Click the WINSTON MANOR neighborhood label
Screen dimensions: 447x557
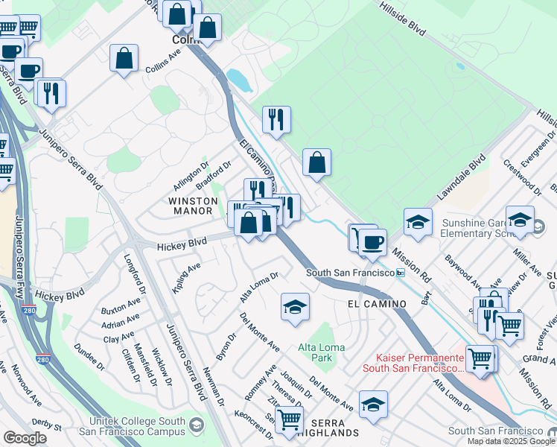192,206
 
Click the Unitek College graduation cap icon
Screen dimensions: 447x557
197,425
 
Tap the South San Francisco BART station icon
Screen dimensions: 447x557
401,273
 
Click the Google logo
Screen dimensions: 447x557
25,438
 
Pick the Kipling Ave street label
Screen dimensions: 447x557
187,277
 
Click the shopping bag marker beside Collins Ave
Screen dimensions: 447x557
124,59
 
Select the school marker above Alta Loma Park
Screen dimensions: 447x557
295,307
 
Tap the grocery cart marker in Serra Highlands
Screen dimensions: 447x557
289,419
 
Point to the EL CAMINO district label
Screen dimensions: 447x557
377,304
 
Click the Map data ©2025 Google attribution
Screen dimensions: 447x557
511,441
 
